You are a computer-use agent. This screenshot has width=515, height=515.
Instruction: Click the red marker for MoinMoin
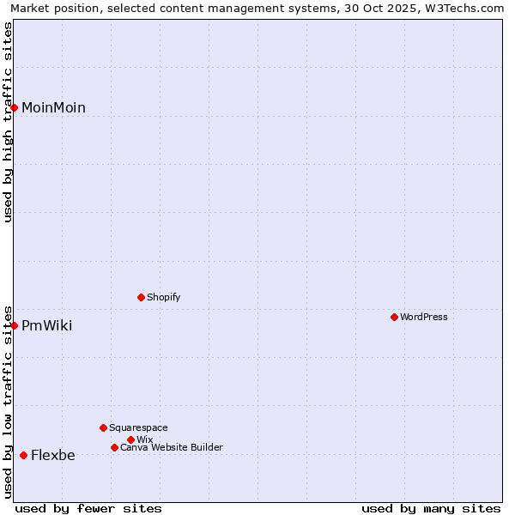tap(15, 107)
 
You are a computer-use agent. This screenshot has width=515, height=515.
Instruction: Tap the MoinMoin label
tap(53, 108)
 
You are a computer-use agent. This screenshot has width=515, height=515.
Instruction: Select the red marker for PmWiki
tap(15, 325)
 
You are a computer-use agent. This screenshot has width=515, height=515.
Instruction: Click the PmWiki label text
tap(46, 326)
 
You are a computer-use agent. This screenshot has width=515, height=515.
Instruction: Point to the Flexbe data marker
tap(23, 455)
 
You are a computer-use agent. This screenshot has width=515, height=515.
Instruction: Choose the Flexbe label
tap(52, 456)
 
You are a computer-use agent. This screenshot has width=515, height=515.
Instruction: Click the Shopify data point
tap(141, 297)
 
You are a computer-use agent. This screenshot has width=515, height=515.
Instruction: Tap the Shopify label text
tap(163, 298)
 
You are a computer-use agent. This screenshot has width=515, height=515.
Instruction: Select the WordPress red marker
tap(394, 317)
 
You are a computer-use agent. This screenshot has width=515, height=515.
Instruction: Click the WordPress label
tap(423, 318)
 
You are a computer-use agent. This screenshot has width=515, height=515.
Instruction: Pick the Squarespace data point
tap(103, 427)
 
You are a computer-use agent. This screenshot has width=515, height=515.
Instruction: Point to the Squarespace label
tap(138, 428)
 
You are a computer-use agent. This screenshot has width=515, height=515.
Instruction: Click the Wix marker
tap(130, 439)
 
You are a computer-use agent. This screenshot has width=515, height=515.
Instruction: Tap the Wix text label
tap(144, 440)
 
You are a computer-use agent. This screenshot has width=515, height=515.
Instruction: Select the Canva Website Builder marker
tap(114, 447)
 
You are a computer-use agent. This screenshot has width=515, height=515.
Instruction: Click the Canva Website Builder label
tap(171, 448)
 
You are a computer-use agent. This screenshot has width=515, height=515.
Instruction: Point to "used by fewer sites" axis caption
tap(88, 508)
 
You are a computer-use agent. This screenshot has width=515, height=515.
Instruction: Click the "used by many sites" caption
tap(431, 508)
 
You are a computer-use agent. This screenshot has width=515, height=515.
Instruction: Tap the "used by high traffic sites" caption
tap(9, 122)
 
